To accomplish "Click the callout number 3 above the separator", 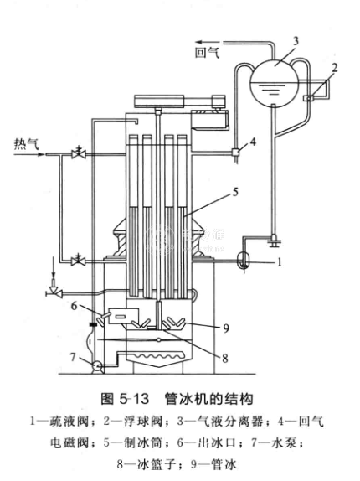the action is [296, 41].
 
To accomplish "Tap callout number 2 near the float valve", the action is [334, 67].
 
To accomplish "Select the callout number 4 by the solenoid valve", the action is [253, 142].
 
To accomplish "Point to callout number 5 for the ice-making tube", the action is [235, 192].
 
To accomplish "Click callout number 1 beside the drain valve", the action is [279, 262].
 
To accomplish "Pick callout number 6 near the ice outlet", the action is [75, 306].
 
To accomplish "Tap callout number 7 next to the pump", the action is [73, 357].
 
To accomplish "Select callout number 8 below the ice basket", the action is [225, 359].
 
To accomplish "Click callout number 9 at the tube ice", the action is [226, 328].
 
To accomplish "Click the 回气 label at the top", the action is [208, 53].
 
